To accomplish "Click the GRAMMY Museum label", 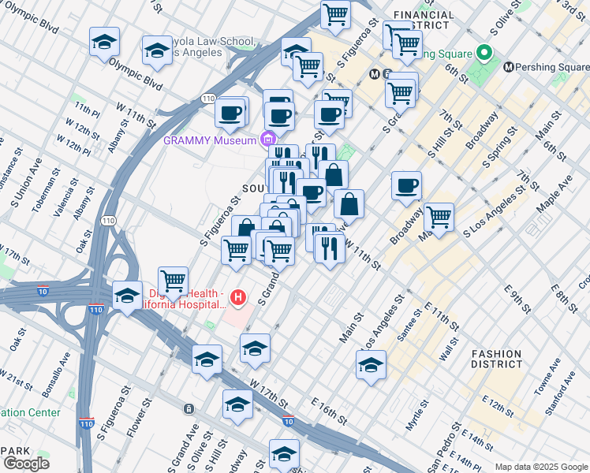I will pos(209,140).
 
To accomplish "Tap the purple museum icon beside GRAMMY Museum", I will pos(267,140).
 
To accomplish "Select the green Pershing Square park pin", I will pos(485,54).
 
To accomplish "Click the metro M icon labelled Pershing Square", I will pos(509,68).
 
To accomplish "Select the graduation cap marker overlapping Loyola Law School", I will pos(158,51).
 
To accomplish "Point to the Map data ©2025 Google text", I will pos(540,467).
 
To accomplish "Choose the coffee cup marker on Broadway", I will pos(406,186).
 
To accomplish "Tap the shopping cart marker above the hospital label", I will pos(173,280).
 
